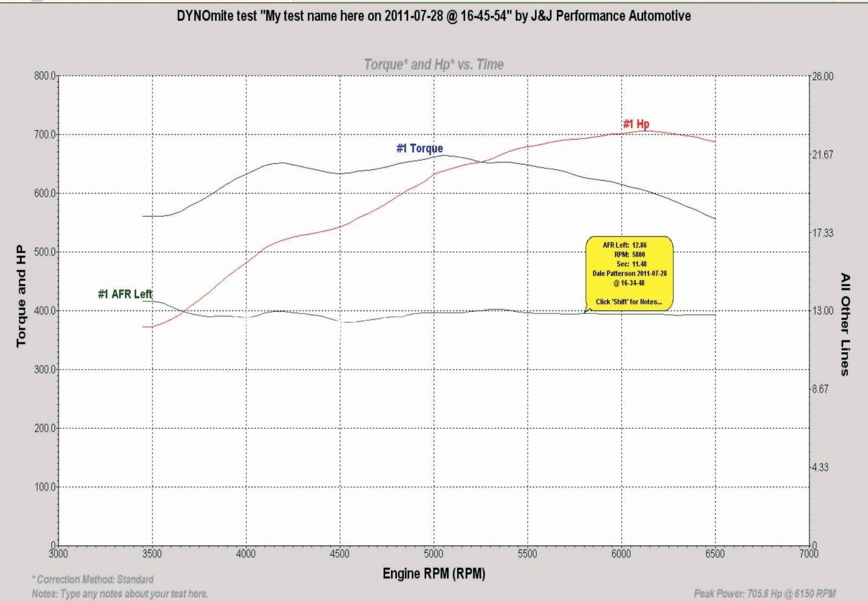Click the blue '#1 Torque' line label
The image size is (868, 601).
tap(419, 148)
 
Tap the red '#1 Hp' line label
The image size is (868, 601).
tap(636, 124)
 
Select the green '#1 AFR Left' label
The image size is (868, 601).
tap(125, 294)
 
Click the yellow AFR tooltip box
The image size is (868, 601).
tap(629, 273)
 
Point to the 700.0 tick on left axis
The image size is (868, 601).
tap(44, 134)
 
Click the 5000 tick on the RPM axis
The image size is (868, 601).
tap(433, 554)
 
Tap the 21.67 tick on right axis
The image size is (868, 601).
tap(822, 155)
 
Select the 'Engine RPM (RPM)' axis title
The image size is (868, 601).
tap(433, 573)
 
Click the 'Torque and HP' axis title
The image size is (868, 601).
tap(21, 296)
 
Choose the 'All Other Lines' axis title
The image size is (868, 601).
tap(845, 324)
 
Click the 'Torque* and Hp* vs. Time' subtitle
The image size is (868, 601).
tap(433, 64)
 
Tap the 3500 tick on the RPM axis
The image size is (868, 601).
tap(152, 554)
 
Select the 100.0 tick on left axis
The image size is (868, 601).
tap(44, 487)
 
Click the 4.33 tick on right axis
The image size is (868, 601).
tap(820, 468)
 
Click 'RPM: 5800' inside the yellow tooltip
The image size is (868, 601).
tap(629, 254)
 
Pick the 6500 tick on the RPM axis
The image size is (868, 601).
tap(715, 554)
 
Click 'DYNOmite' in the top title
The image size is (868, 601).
tap(200, 16)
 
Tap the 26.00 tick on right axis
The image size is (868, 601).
tap(822, 76)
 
